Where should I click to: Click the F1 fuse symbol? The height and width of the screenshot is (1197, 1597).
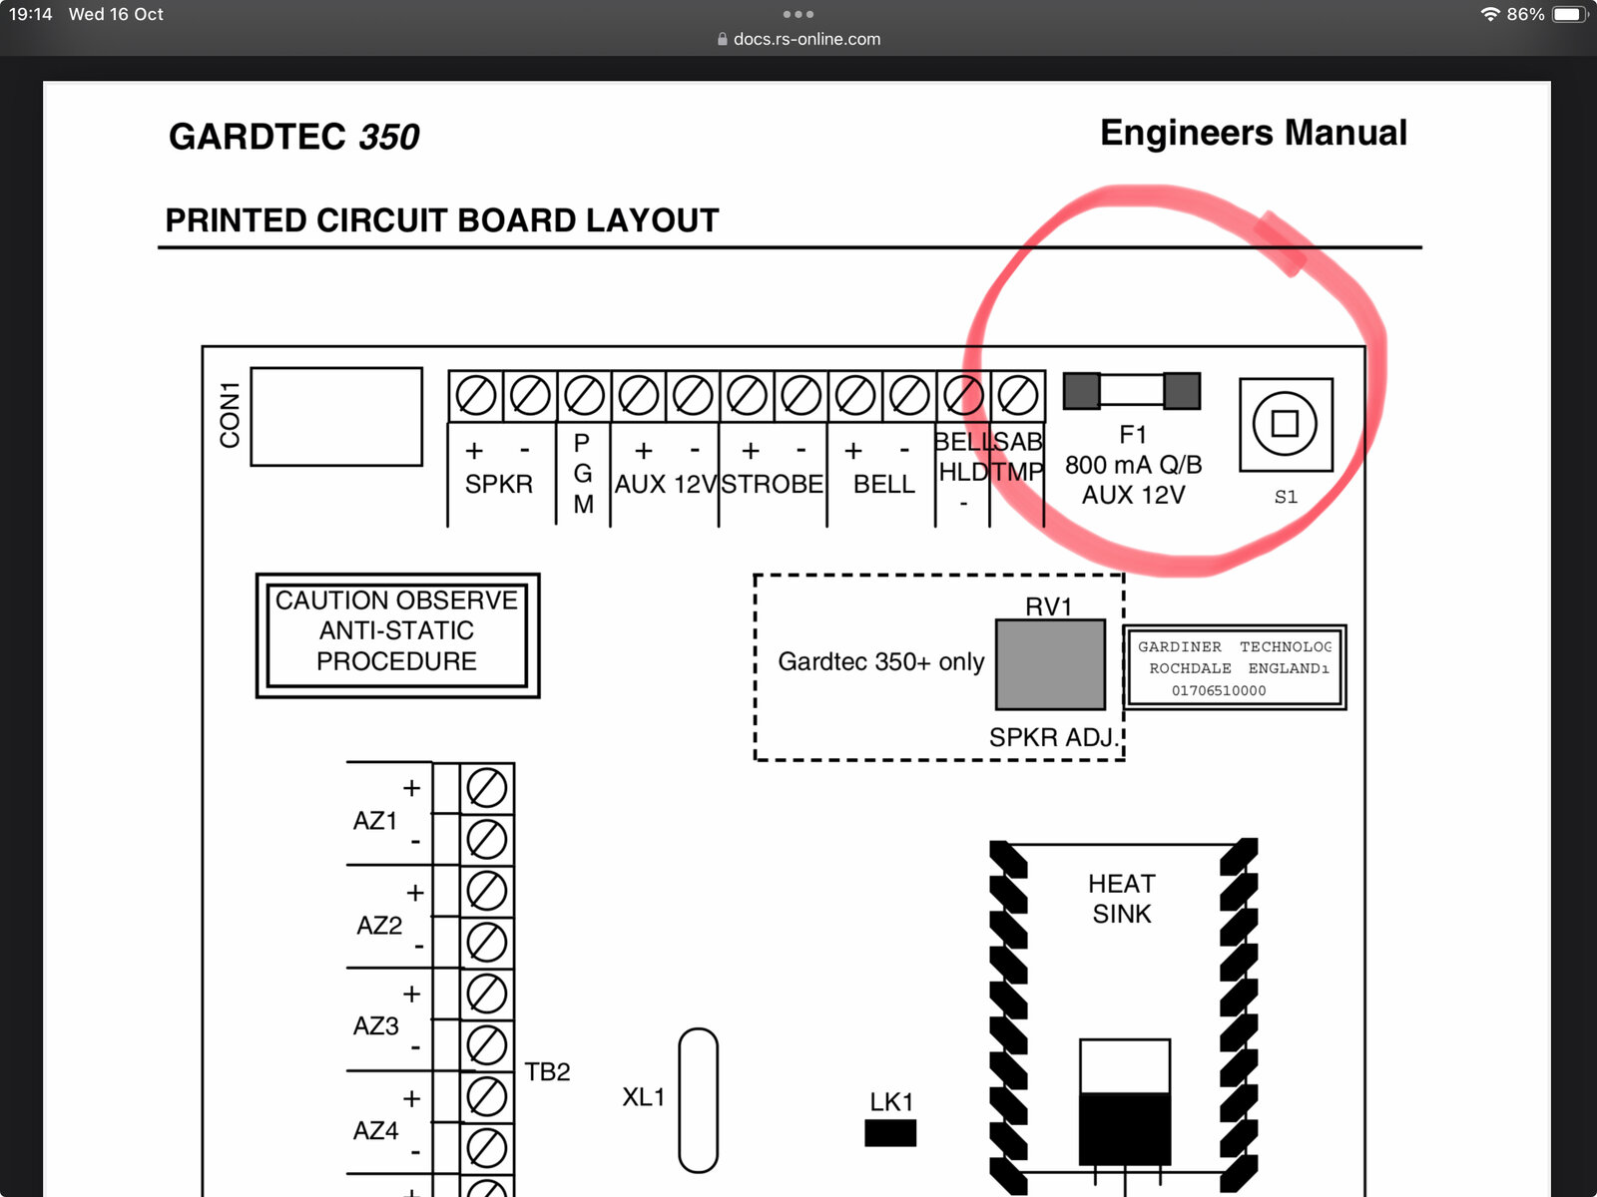coord(1131,391)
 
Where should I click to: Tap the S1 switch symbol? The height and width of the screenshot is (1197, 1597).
coord(1286,425)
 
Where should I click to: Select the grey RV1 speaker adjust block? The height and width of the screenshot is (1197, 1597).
coord(1050,664)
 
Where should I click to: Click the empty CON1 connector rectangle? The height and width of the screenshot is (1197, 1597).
coord(336,416)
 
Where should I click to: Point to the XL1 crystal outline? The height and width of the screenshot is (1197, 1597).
coord(698,1099)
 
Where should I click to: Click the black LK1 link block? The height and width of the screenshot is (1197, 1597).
coord(889,1133)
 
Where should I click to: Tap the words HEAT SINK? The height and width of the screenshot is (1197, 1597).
coord(1121,899)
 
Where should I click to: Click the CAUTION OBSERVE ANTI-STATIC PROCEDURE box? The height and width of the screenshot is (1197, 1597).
coord(397,635)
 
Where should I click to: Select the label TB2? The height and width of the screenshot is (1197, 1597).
coord(547,1071)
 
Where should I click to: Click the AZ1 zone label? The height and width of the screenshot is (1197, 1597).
coord(374,821)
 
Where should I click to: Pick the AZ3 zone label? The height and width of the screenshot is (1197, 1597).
coord(375,1025)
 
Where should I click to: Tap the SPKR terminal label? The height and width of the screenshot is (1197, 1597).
coord(498,484)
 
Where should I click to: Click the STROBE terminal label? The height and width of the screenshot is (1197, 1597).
coord(772,484)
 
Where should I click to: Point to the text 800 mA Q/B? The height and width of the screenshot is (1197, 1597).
coord(1133,465)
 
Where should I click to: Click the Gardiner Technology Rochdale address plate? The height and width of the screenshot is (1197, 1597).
coord(1235,667)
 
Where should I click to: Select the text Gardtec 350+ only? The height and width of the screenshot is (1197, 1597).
coord(880,661)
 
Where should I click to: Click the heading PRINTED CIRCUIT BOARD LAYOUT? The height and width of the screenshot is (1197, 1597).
coord(441,220)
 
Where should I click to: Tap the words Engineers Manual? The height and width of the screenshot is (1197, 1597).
coord(1253,133)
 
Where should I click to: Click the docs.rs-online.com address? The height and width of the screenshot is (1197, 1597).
coord(806,39)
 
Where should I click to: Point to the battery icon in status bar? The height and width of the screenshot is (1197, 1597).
coord(1569,15)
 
